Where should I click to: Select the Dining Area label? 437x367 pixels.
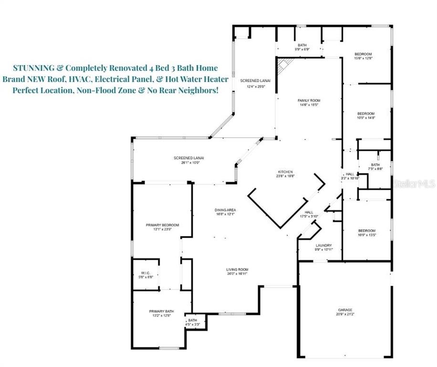(x=225, y=212)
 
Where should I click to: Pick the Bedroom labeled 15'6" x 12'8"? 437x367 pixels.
(x=363, y=56)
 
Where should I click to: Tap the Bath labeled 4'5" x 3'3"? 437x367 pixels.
(x=192, y=322)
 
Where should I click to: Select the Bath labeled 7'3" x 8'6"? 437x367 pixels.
(x=376, y=167)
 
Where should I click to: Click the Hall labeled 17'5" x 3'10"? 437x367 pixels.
(x=309, y=214)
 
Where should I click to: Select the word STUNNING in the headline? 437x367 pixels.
(x=33, y=68)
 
